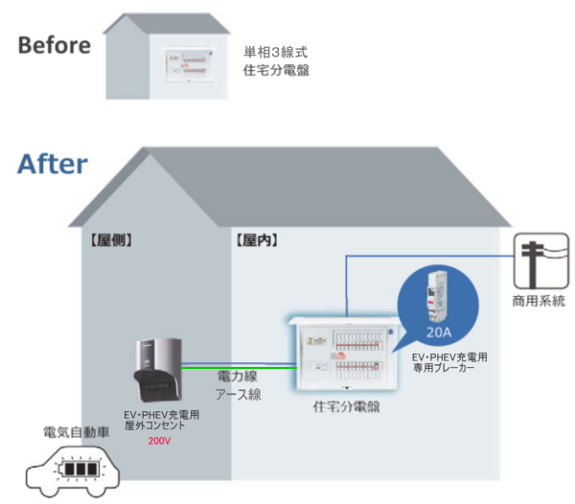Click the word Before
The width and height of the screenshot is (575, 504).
point(55,44)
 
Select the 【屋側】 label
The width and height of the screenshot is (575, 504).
point(105,240)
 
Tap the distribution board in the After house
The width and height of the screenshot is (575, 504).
point(345,353)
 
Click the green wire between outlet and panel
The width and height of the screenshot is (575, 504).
point(236,364)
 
